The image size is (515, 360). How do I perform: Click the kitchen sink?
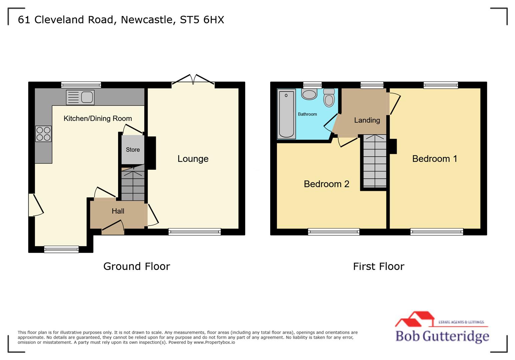pyautogui.click(x=80, y=97)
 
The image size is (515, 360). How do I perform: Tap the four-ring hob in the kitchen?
pyautogui.click(x=44, y=134)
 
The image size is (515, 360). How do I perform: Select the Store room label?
pyautogui.click(x=133, y=150)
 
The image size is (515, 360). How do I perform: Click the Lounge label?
pyautogui.click(x=193, y=159)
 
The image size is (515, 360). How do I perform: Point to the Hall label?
pyautogui.click(x=118, y=211)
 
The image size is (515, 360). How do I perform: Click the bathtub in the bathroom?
pyautogui.click(x=287, y=114)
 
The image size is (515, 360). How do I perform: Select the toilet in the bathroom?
pyautogui.click(x=329, y=97)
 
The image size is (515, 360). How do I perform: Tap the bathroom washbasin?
pyautogui.click(x=309, y=94)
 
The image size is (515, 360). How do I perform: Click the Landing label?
pyautogui.click(x=367, y=120)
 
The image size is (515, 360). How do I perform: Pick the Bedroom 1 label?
pyautogui.click(x=435, y=159)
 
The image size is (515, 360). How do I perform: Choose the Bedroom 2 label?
pyautogui.click(x=327, y=184)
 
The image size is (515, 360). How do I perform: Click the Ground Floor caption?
pyautogui.click(x=136, y=266)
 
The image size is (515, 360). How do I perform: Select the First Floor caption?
pyautogui.click(x=379, y=266)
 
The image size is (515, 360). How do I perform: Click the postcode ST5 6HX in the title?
pyautogui.click(x=202, y=20)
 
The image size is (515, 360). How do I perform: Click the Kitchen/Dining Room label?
pyautogui.click(x=98, y=118)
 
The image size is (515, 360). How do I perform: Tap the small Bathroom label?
pyautogui.click(x=307, y=114)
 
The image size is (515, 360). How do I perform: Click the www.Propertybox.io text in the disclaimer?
pyautogui.click(x=214, y=342)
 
